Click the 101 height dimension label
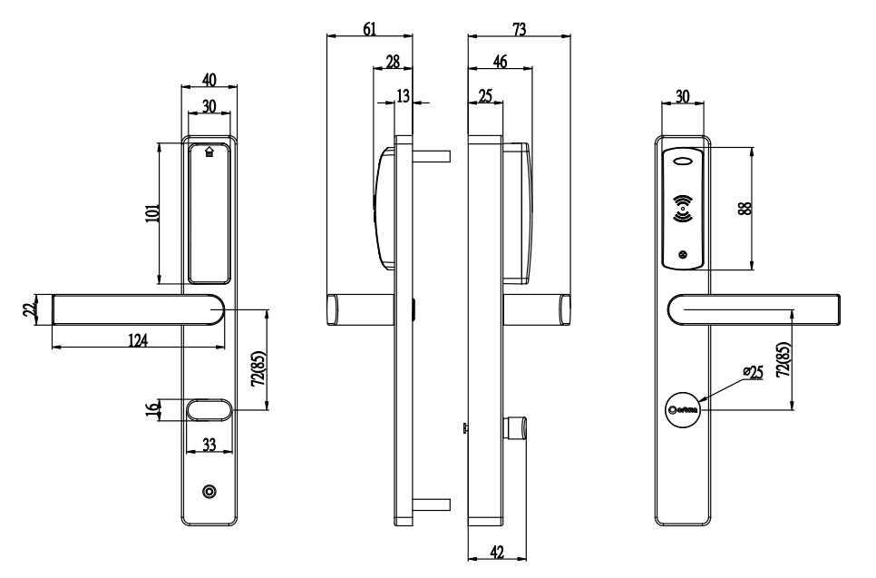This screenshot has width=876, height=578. [x=151, y=213]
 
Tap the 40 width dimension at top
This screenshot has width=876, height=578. [x=209, y=79]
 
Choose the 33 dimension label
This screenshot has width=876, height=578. [x=208, y=445]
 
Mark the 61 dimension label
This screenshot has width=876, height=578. [x=370, y=29]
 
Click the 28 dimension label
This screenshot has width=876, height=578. [x=393, y=61]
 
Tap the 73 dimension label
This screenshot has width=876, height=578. [x=520, y=29]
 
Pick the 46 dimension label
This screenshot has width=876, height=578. [x=499, y=61]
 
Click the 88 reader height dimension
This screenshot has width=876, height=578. [x=744, y=208]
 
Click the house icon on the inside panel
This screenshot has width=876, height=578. [x=210, y=152]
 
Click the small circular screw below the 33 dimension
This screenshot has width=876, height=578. [x=209, y=492]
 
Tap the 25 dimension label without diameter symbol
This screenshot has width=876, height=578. [x=485, y=96]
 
